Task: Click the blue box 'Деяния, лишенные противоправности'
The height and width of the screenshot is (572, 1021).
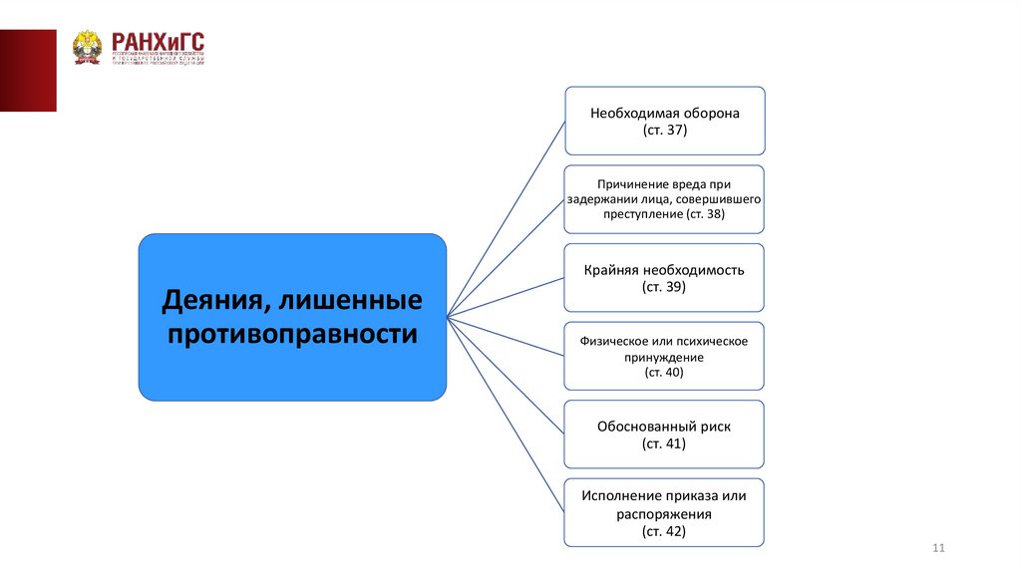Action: (x=292, y=317)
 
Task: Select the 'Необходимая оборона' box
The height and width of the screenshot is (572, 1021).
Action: (x=664, y=121)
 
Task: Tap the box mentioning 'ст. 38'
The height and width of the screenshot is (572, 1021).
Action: (x=664, y=199)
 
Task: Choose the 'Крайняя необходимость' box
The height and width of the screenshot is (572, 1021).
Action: (x=664, y=278)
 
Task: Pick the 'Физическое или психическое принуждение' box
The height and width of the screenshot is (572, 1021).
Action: (x=664, y=356)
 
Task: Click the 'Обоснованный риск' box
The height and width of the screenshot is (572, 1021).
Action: (x=664, y=434)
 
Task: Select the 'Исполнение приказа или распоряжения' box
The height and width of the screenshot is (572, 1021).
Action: (x=664, y=512)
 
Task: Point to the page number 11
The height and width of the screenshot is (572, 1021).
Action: (x=937, y=549)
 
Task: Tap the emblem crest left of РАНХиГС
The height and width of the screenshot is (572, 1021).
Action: (x=88, y=47)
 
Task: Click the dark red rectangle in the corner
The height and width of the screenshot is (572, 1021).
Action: (x=28, y=70)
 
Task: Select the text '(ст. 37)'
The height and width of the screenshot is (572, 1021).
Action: (x=664, y=131)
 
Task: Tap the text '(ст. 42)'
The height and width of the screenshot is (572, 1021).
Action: (x=664, y=532)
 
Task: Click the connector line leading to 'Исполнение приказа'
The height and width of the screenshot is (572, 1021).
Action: (x=506, y=416)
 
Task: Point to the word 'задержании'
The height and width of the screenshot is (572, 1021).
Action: (x=599, y=199)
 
